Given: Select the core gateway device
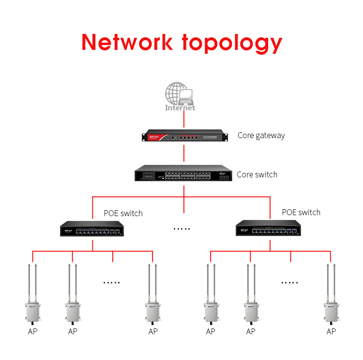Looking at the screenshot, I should [x=183, y=137].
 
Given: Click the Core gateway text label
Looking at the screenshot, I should [x=261, y=136].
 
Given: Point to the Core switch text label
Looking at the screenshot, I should [x=257, y=174].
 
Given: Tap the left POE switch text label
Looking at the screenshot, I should [x=123, y=213].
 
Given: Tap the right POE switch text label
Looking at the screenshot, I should [x=301, y=212].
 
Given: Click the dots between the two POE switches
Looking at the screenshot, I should [x=182, y=229].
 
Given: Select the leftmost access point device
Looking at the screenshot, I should [x=32, y=310].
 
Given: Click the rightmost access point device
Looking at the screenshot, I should [x=331, y=310].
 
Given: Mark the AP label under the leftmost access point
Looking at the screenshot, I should [x=32, y=332].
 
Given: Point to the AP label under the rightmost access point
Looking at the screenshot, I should [x=331, y=332].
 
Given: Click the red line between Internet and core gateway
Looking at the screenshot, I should [x=183, y=120].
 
